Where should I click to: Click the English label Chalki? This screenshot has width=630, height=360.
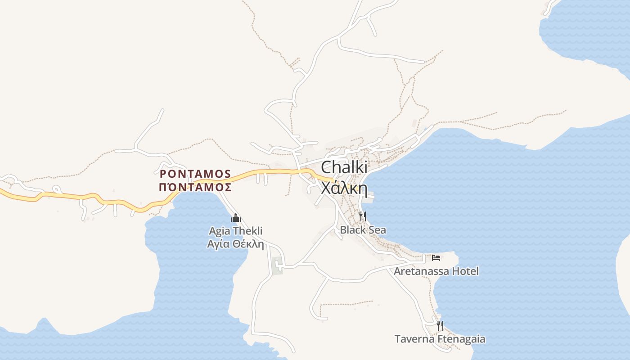pyautogui.click(x=344, y=167)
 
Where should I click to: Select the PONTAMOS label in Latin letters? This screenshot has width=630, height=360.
pyautogui.click(x=195, y=174)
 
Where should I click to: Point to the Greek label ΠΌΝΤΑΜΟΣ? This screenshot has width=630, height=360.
pyautogui.click(x=195, y=187)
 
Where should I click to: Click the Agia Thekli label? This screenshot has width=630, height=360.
pyautogui.click(x=235, y=231)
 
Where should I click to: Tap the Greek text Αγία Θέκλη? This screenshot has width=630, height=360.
pyautogui.click(x=235, y=244)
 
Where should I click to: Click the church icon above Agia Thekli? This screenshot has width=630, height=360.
pyautogui.click(x=236, y=219)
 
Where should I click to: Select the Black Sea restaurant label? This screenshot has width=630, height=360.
pyautogui.click(x=363, y=230)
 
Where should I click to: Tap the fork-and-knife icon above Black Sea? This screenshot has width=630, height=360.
pyautogui.click(x=362, y=216)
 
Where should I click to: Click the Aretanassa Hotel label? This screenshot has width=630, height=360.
pyautogui.click(x=436, y=271)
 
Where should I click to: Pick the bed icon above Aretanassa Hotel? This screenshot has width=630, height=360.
pyautogui.click(x=436, y=258)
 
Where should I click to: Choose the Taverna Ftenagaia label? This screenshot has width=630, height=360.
pyautogui.click(x=440, y=339)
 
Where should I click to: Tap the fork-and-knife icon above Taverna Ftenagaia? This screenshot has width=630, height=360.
pyautogui.click(x=440, y=325)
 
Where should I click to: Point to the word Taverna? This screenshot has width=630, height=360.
pyautogui.click(x=414, y=339)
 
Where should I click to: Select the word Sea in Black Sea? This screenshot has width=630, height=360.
pyautogui.click(x=377, y=230)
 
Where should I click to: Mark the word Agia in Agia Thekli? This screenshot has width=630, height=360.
pyautogui.click(x=218, y=231)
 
